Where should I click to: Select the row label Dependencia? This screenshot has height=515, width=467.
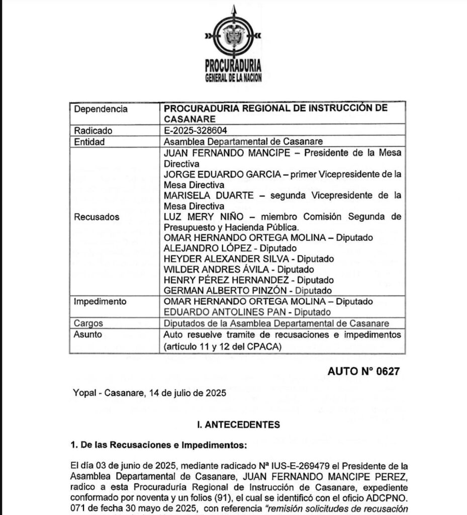click(x=101, y=109)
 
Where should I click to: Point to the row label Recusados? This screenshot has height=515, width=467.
click(x=97, y=217)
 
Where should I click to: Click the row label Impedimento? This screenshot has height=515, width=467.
click(x=100, y=302)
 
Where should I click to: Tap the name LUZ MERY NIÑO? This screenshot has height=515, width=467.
click(x=199, y=217)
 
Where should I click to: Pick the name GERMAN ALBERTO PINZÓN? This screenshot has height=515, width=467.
click(x=226, y=291)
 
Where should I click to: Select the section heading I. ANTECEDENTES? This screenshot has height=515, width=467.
click(x=239, y=425)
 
